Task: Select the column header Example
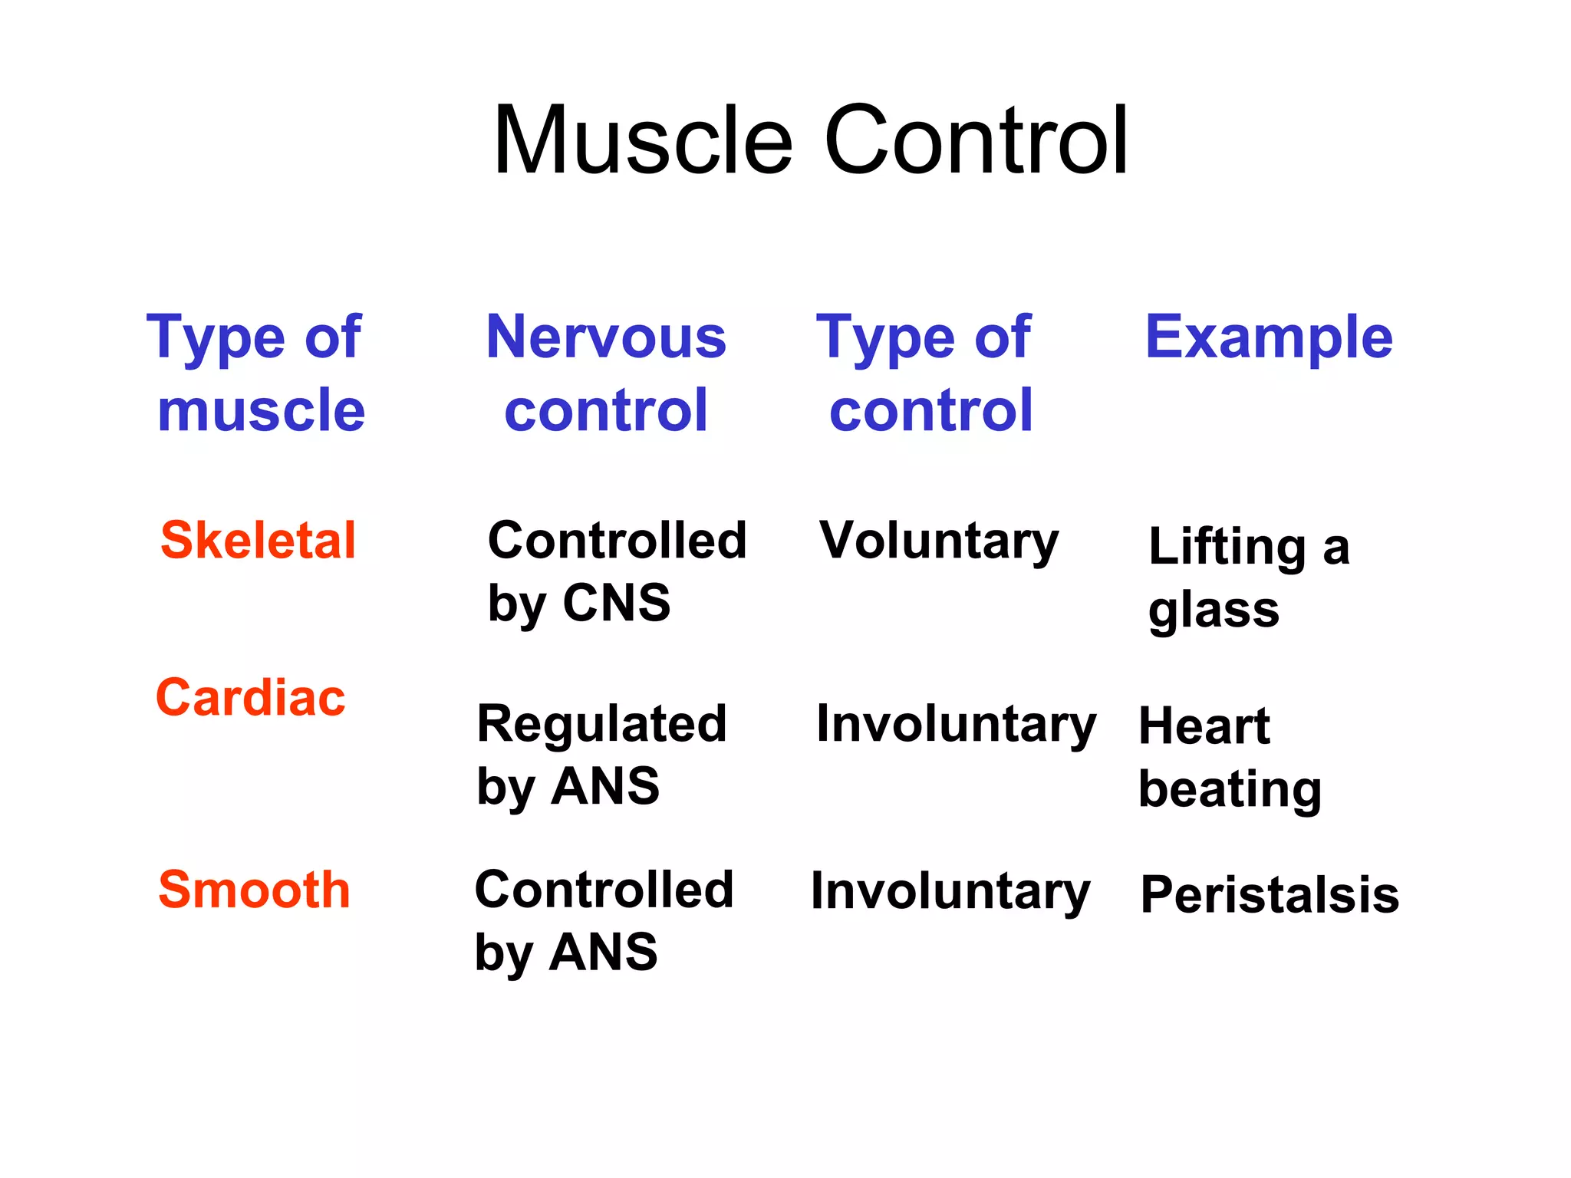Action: [x=1269, y=337]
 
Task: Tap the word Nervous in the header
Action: [x=606, y=337]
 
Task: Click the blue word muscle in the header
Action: [x=261, y=411]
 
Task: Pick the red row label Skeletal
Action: [x=259, y=541]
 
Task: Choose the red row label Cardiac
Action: [x=251, y=698]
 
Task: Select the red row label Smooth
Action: [x=254, y=890]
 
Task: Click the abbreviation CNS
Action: [x=617, y=603]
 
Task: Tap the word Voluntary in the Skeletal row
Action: [x=939, y=541]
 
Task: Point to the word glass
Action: [x=1214, y=611]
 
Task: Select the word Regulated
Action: [x=601, y=724]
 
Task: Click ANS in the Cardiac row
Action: [x=605, y=787]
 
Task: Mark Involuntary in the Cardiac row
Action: [x=956, y=725]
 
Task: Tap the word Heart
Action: [x=1204, y=726]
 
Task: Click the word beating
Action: [x=1230, y=790]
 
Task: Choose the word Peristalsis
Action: [x=1270, y=895]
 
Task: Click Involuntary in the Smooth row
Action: [x=950, y=892]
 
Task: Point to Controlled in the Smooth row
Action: [x=604, y=890]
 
